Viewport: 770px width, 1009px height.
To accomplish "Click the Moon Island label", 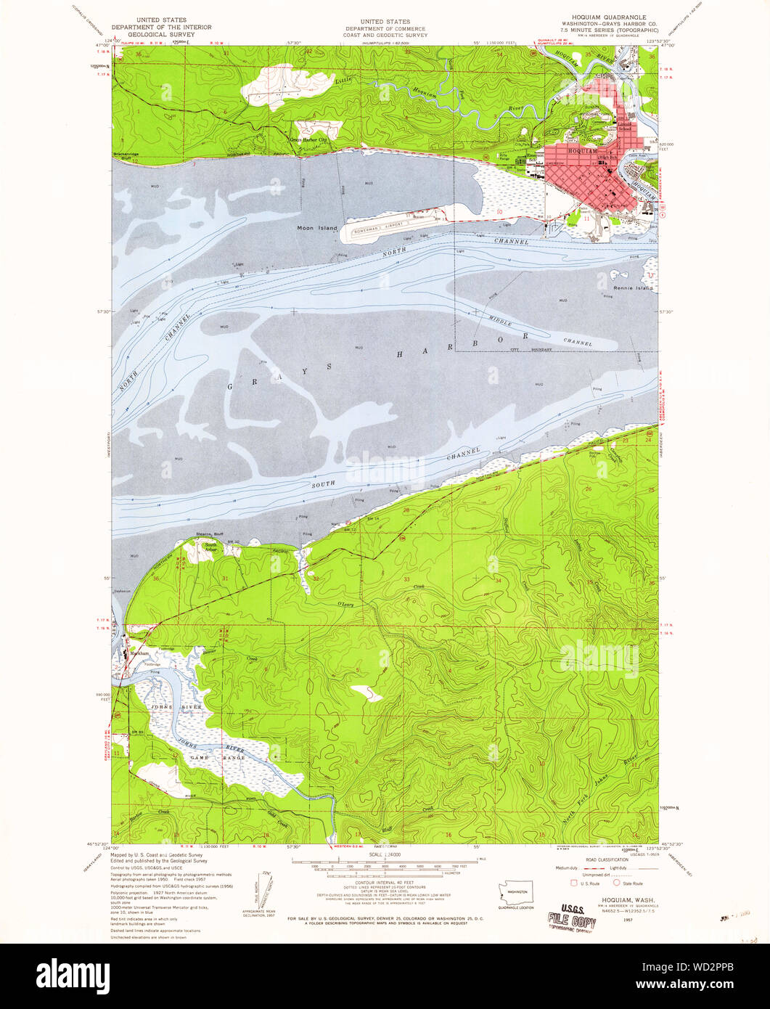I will [317, 228].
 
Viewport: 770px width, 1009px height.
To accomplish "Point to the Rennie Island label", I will [633, 288].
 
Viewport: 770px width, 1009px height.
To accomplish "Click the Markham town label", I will [140, 653].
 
